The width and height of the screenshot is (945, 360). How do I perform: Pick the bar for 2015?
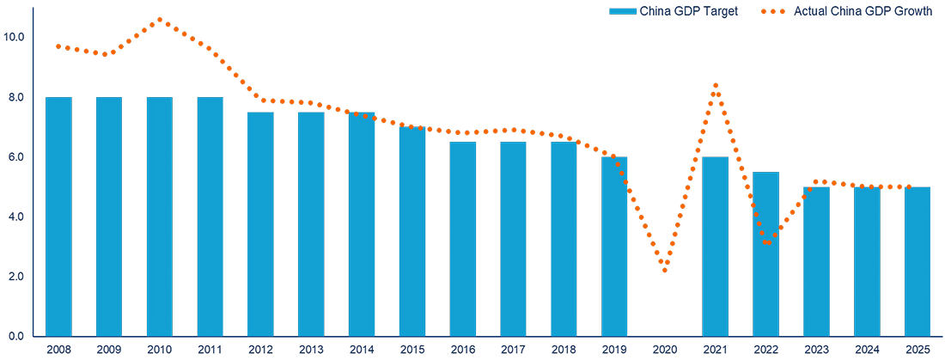[x=412, y=231]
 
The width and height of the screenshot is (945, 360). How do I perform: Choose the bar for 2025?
[x=918, y=261]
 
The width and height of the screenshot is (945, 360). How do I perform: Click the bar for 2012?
[x=260, y=224]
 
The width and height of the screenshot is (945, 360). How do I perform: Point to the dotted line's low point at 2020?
[x=665, y=271]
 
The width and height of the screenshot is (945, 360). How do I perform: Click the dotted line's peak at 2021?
[x=716, y=85]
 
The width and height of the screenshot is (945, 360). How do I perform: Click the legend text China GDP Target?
[x=684, y=11]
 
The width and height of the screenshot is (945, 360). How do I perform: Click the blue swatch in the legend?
[x=622, y=11]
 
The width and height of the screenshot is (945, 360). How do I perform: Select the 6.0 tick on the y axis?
[x=16, y=157]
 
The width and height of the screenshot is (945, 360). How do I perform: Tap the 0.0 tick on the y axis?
[x=16, y=336]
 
